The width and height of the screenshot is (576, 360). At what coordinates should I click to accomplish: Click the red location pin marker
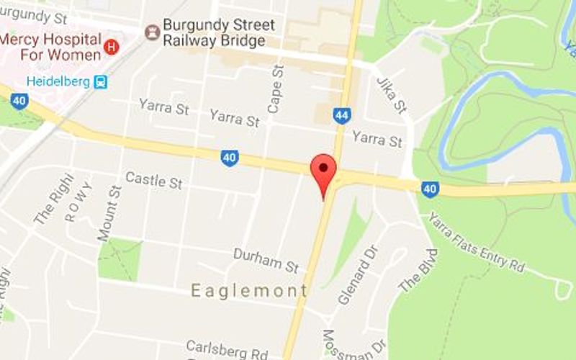323,170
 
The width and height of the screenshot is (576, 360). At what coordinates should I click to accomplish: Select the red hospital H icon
111,48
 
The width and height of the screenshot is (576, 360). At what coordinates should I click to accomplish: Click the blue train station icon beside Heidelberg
100,82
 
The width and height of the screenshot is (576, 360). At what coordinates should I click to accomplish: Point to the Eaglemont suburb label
249,290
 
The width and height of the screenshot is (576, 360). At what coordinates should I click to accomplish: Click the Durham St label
266,261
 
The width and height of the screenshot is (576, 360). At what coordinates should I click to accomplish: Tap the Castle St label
153,180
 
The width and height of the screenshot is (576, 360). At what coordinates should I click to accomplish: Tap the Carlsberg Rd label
227,351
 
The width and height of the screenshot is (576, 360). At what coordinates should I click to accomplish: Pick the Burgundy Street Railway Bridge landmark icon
152,32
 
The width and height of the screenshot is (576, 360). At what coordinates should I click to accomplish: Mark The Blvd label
419,270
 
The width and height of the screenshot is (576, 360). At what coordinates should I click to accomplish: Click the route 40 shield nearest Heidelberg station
19,102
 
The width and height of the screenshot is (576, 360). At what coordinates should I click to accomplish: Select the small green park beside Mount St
119,259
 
